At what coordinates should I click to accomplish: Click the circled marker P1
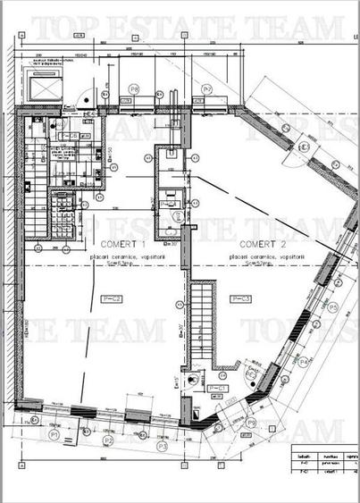(54, 433)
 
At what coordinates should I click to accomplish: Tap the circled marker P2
(108, 440)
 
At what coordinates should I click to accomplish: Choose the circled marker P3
(162, 444)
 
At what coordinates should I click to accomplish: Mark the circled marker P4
(304, 361)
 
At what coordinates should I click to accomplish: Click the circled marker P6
(134, 88)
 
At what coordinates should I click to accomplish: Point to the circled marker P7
(206, 88)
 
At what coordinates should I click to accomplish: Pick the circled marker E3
(304, 147)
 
